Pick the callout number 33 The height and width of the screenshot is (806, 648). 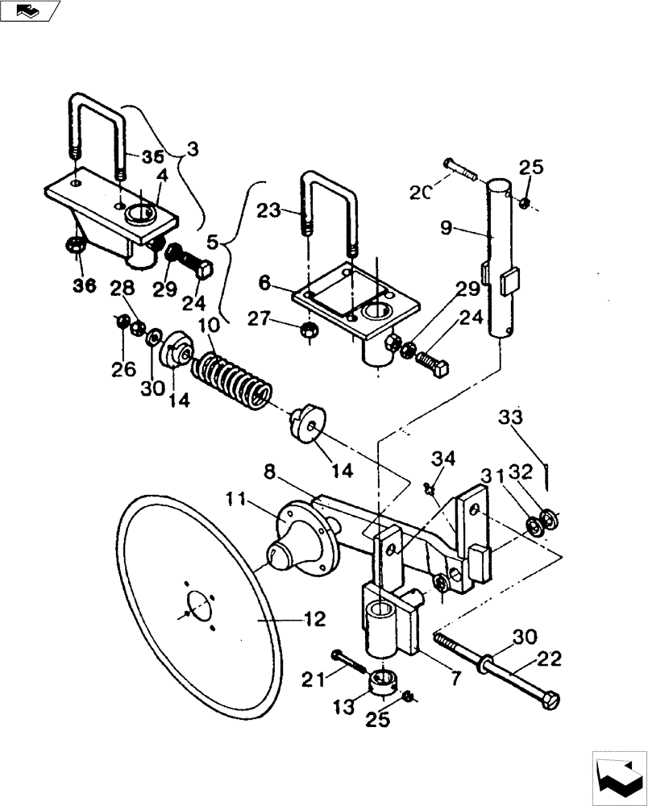tap(510, 418)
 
